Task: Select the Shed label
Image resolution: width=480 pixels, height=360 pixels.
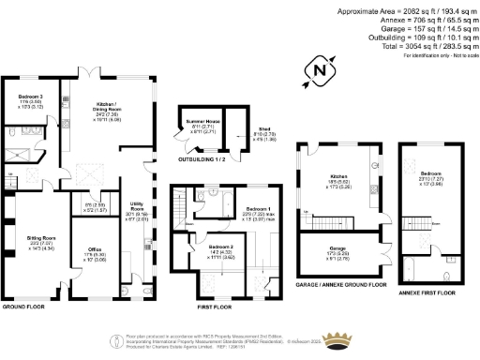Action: (x=237, y=129)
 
